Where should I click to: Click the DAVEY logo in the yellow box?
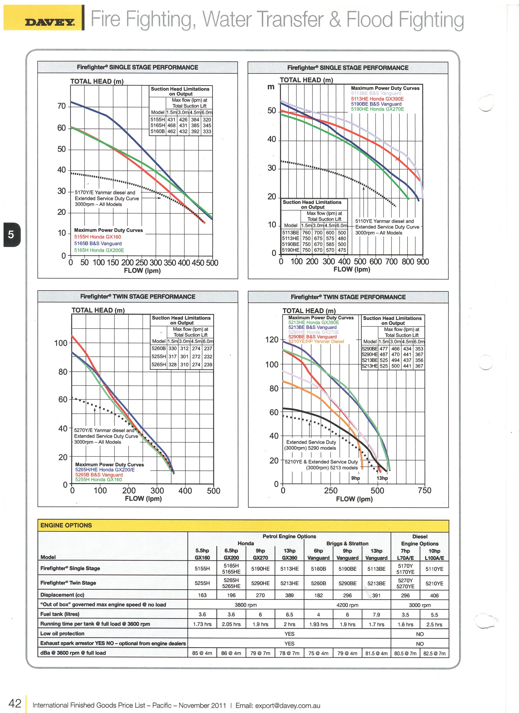(x=50, y=22)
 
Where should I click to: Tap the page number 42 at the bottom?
(x=15, y=703)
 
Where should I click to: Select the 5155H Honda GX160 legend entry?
(x=98, y=237)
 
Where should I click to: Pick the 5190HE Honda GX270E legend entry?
(x=377, y=109)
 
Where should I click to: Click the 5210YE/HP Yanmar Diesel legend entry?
(x=316, y=341)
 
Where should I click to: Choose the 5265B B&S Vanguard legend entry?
(x=99, y=475)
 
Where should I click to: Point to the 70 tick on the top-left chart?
(x=62, y=106)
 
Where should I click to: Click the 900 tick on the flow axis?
(x=423, y=262)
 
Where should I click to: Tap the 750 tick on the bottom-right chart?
(x=425, y=490)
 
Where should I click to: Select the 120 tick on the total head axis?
(x=272, y=340)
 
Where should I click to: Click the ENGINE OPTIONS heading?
(x=66, y=525)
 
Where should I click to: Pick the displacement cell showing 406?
(x=434, y=595)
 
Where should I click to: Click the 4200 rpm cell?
(x=347, y=605)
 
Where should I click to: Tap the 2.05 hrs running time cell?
(x=231, y=624)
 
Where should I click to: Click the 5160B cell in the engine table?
(x=318, y=569)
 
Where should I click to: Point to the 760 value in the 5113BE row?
(x=306, y=233)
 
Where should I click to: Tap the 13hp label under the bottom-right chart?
(x=382, y=478)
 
